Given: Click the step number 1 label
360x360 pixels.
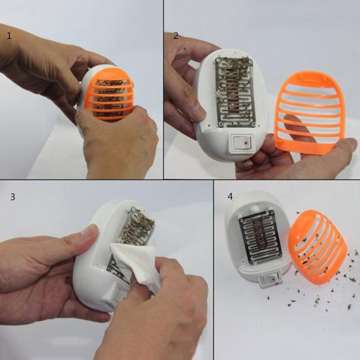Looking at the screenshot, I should [x=9, y=35].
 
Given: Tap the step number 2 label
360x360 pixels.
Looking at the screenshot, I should [x=176, y=35].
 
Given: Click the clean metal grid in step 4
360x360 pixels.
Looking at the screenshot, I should [x=261, y=242].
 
